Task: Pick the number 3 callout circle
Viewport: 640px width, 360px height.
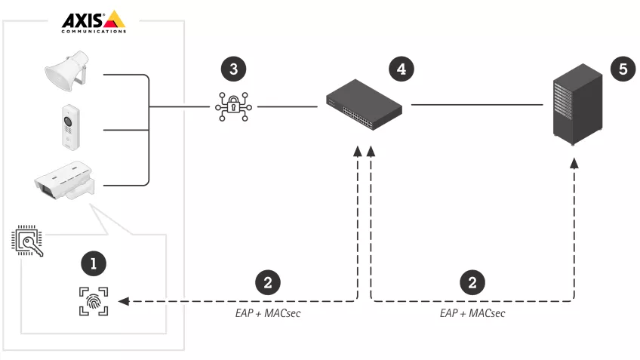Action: tap(232, 69)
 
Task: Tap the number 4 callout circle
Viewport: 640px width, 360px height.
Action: tap(401, 69)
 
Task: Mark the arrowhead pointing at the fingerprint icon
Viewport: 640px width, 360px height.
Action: tap(124, 301)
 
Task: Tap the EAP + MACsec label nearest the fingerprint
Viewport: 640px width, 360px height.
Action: tap(269, 312)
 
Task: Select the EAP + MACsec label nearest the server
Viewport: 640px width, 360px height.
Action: tap(472, 312)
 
